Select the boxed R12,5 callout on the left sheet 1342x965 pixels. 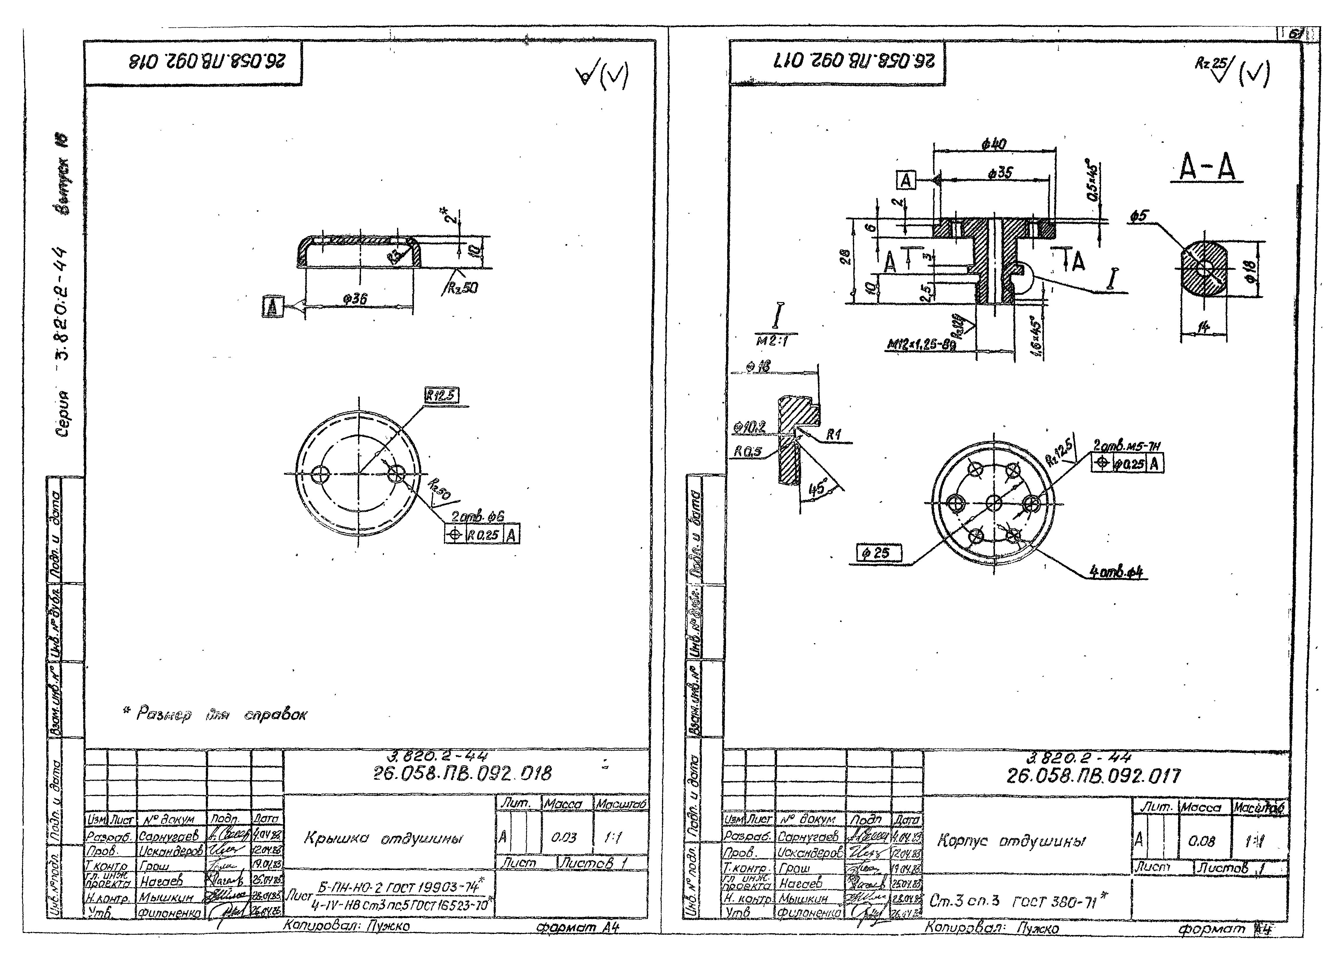click(441, 395)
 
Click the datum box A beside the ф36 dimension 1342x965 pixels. click(272, 307)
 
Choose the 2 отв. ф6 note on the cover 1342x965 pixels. click(477, 517)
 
